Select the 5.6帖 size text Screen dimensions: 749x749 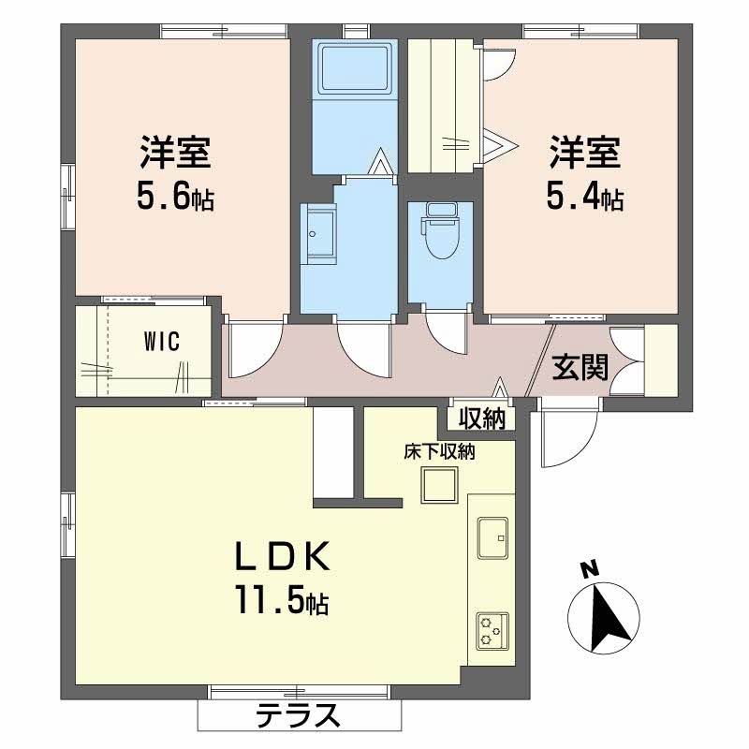point(176,198)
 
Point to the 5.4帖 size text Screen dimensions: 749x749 point(585,198)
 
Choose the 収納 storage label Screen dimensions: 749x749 point(482,419)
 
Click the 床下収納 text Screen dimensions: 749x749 point(439,452)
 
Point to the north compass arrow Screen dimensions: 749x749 point(609,618)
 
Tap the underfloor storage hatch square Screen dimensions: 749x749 point(438,486)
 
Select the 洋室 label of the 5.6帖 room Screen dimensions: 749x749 point(176,152)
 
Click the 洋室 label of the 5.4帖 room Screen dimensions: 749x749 point(585,152)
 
